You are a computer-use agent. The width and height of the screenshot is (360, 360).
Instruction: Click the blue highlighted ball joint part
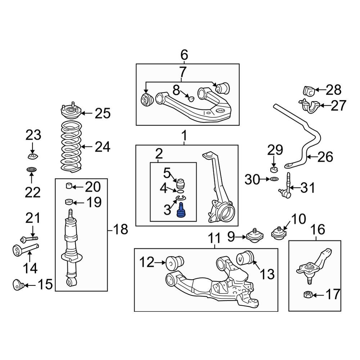click(x=181, y=210)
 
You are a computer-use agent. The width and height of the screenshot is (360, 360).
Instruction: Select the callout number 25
click(x=102, y=114)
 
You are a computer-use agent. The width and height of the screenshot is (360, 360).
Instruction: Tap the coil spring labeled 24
click(x=71, y=147)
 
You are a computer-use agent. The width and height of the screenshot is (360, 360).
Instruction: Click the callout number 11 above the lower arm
click(x=215, y=238)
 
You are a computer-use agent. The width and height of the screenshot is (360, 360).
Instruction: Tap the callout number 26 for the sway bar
click(x=325, y=157)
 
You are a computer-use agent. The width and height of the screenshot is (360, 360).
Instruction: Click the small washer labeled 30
click(x=274, y=179)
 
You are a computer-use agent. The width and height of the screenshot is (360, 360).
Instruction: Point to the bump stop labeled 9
click(x=255, y=236)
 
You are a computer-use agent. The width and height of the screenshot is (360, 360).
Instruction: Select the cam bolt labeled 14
click(x=25, y=249)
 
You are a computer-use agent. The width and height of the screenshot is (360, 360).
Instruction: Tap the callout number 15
click(x=45, y=285)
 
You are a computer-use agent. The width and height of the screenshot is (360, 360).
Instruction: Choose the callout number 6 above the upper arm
click(x=184, y=55)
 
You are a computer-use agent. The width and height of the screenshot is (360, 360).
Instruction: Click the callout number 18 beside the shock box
click(x=120, y=229)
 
